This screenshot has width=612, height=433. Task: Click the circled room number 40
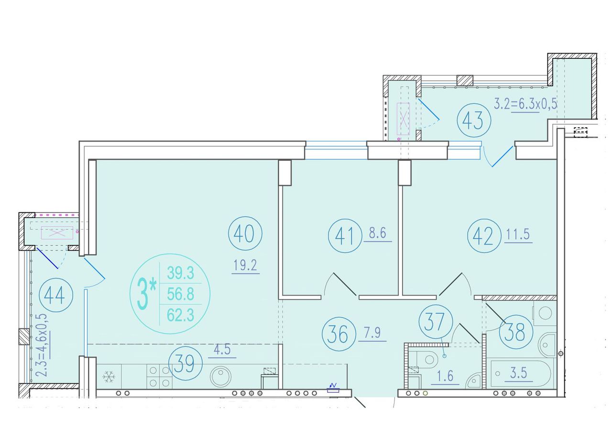245,233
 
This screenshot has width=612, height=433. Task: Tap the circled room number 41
345,235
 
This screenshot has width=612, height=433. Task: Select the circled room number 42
484,235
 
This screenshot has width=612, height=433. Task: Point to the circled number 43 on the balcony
474,120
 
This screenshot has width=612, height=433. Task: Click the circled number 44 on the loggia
56,295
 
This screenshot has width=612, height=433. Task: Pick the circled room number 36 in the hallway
339,334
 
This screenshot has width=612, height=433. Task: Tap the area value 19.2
245,265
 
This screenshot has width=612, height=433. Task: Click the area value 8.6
378,233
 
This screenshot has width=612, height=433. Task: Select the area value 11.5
518,234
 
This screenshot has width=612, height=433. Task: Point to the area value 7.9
372,333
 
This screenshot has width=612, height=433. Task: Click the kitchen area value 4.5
222,350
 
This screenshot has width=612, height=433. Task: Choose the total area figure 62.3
180,315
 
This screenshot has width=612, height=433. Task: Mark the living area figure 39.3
180,273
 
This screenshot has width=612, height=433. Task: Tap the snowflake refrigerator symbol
109,377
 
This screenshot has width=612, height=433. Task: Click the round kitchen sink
221,376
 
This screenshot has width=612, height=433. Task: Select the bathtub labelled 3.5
521,374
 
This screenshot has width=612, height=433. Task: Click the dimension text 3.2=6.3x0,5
525,104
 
